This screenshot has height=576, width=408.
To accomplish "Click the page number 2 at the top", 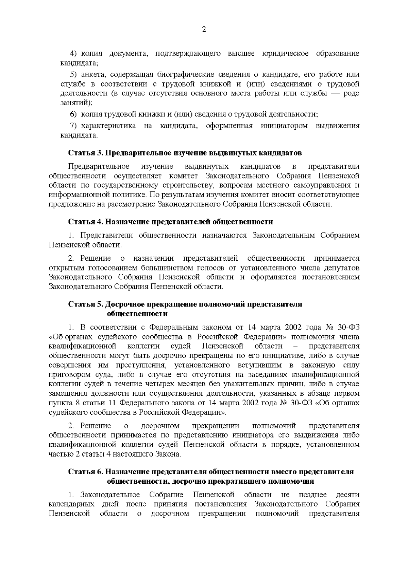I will (x=204, y=30).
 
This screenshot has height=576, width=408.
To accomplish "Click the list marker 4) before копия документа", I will (x=74, y=54).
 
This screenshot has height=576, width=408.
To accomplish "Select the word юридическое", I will (x=286, y=54).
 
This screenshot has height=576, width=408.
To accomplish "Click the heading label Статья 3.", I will (x=85, y=153).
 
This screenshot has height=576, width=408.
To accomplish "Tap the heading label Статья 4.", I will (x=85, y=222).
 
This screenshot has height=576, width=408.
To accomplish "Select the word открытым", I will (x=66, y=268).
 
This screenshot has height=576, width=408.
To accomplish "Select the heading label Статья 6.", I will (x=85, y=472).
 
